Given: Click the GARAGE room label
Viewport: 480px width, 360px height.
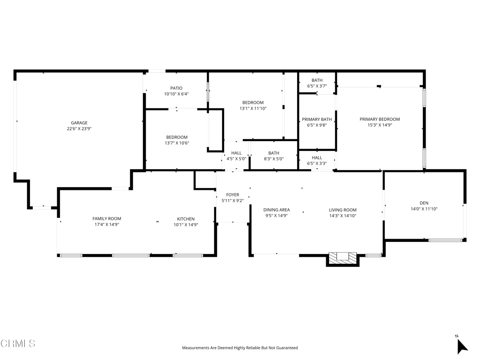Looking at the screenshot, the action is pyautogui.click(x=79, y=123).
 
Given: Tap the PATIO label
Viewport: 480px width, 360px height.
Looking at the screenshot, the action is pyautogui.click(x=176, y=88).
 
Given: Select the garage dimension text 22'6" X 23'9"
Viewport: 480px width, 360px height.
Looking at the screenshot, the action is pyautogui.click(x=79, y=128).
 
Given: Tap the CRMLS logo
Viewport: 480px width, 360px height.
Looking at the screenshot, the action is pyautogui.click(x=18, y=343).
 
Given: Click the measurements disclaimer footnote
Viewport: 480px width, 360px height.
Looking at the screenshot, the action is pyautogui.click(x=240, y=348).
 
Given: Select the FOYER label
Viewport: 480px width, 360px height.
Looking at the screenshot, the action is pyautogui.click(x=232, y=195).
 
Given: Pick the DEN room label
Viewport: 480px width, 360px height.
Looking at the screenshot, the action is pyautogui.click(x=424, y=203).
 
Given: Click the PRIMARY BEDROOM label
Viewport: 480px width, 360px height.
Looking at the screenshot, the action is pyautogui.click(x=380, y=119).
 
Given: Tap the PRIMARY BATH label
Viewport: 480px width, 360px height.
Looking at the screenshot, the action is pyautogui.click(x=317, y=119).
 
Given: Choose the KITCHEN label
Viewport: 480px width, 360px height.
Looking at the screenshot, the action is pyautogui.click(x=186, y=219).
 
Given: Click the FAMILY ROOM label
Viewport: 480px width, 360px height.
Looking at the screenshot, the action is pyautogui.click(x=106, y=218).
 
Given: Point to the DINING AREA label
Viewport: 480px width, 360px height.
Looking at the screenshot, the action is pyautogui.click(x=277, y=210).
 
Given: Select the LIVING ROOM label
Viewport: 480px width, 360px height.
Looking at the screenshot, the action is pyautogui.click(x=343, y=210).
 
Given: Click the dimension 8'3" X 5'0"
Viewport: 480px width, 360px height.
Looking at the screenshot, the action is pyautogui.click(x=274, y=159).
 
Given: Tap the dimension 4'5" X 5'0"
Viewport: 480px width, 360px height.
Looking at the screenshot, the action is pyautogui.click(x=236, y=159).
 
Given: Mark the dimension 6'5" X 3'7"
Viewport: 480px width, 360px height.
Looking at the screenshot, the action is pyautogui.click(x=317, y=86).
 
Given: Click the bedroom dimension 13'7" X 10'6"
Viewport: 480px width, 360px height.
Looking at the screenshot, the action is pyautogui.click(x=177, y=143).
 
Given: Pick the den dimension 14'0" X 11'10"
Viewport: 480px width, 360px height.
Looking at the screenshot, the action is pyautogui.click(x=424, y=209).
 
